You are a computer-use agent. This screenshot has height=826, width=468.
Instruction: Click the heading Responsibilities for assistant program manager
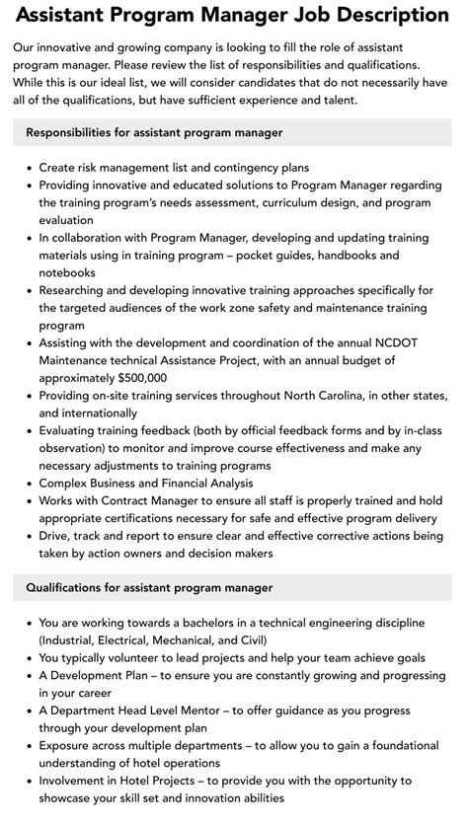coord(155,132)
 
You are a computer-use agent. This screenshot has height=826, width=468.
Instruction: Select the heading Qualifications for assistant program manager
coord(150,587)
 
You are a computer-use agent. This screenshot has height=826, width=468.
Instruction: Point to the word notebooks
coord(67,272)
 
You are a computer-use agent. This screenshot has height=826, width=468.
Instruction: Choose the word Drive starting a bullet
coord(55,536)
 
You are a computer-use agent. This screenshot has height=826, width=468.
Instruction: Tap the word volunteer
coord(141,658)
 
